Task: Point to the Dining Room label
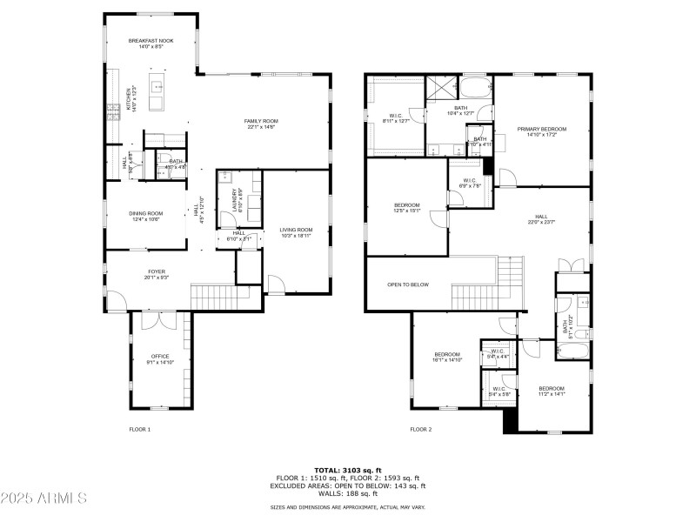click(146, 216)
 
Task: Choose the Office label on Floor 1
click(160, 358)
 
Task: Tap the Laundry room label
click(235, 199)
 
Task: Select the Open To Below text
click(408, 284)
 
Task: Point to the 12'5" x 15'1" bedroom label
click(407, 208)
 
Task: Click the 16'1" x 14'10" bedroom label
click(447, 357)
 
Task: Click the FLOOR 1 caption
click(140, 429)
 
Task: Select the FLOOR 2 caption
click(421, 429)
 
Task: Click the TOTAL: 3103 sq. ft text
click(347, 471)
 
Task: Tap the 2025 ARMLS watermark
click(43, 499)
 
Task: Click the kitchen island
click(157, 94)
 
